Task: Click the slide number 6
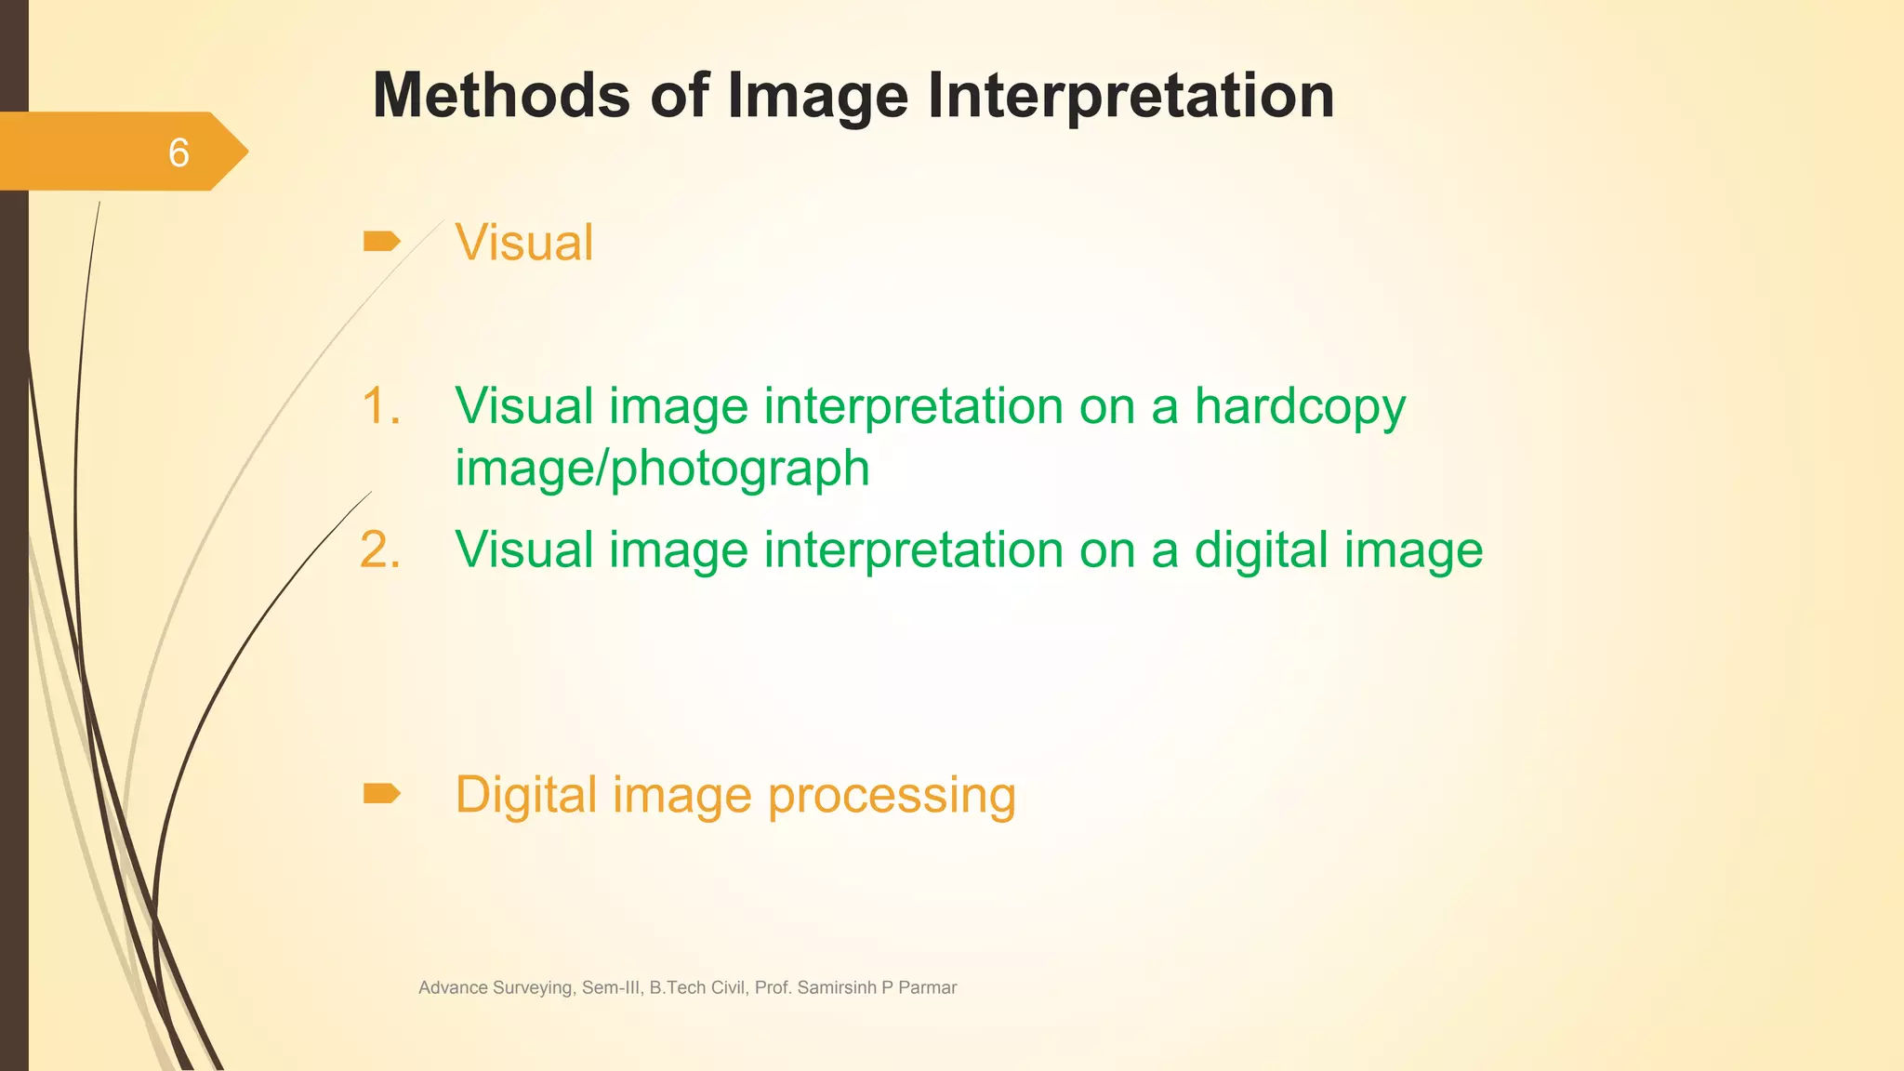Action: coord(178,152)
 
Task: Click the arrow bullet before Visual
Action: coord(381,242)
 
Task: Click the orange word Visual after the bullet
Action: coord(523,243)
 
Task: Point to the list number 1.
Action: coord(380,406)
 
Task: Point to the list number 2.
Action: coord(380,549)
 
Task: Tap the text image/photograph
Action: coord(662,468)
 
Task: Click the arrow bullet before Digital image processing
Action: coord(381,793)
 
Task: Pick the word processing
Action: coord(892,796)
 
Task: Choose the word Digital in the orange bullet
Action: coord(525,795)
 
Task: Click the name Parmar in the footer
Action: coord(927,987)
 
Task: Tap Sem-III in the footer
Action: coord(612,987)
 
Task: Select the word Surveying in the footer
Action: coord(532,987)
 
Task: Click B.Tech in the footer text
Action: coord(676,987)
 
